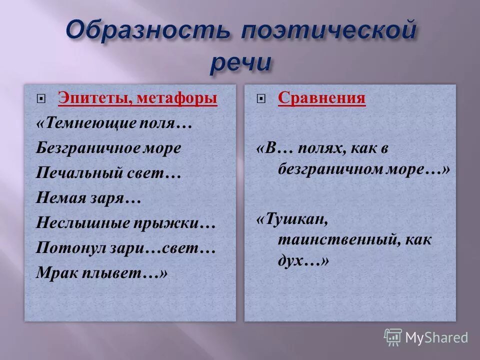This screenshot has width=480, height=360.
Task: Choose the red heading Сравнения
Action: [321, 98]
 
